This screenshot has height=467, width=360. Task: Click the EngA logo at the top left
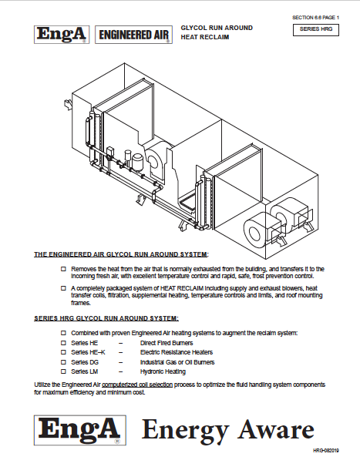tap(62, 35)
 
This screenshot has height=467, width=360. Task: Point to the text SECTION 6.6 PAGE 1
tap(315, 16)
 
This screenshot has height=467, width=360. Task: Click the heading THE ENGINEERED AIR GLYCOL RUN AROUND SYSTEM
tap(121, 254)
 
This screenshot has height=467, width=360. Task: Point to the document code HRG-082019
tap(325, 451)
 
